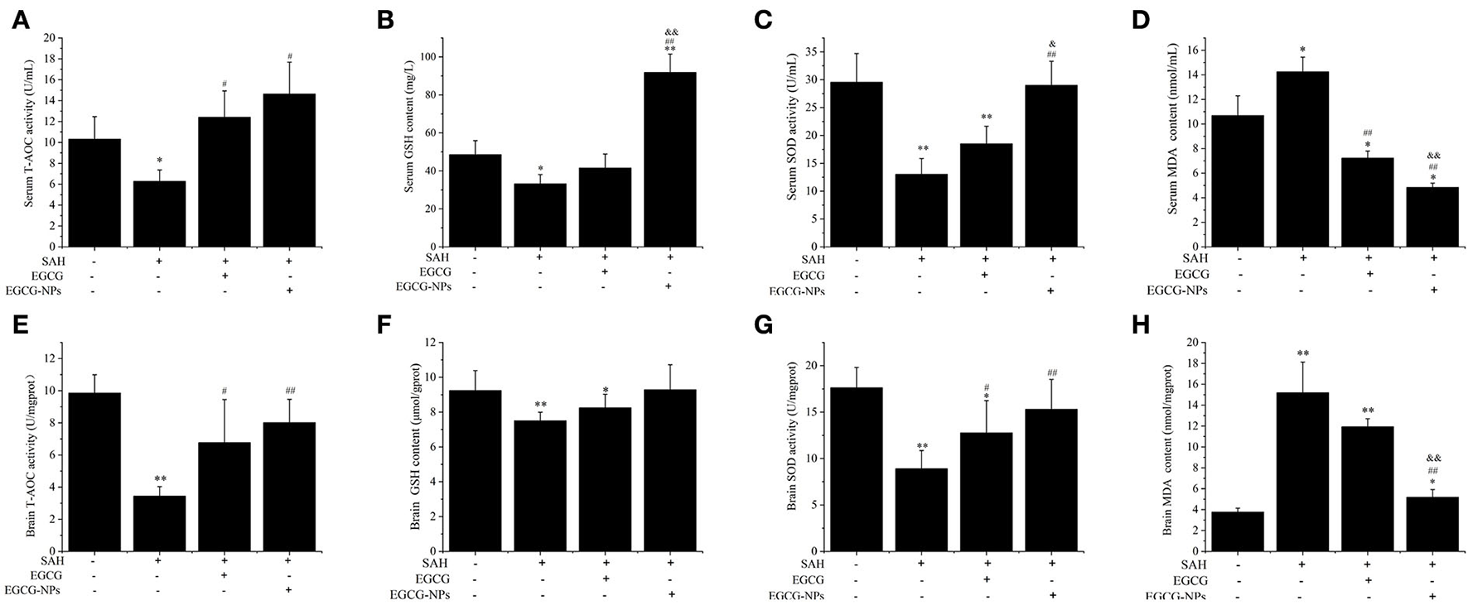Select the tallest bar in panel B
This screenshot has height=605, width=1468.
coord(670,159)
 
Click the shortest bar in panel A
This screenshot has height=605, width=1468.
coord(159,214)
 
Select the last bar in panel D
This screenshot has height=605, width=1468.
coord(1432,217)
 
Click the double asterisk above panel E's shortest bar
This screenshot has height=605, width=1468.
coord(160,479)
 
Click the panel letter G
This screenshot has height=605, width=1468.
coord(764,324)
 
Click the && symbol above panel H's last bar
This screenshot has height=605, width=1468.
coord(1432,458)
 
